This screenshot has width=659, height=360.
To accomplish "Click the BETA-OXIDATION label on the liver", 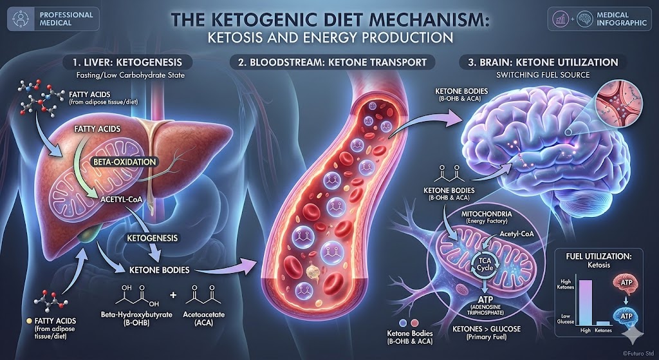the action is click(x=124, y=162).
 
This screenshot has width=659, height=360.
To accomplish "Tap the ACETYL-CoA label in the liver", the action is click(x=120, y=200).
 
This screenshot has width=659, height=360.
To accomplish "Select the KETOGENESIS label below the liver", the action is click(x=152, y=238).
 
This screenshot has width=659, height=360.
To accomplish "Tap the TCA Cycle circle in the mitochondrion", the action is click(x=484, y=265).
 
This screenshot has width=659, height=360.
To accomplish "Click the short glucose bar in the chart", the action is click(x=603, y=323).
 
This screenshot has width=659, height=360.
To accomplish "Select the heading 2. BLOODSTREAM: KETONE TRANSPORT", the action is click(x=332, y=63).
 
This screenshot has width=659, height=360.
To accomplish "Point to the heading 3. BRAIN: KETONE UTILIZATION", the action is click(x=544, y=63).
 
